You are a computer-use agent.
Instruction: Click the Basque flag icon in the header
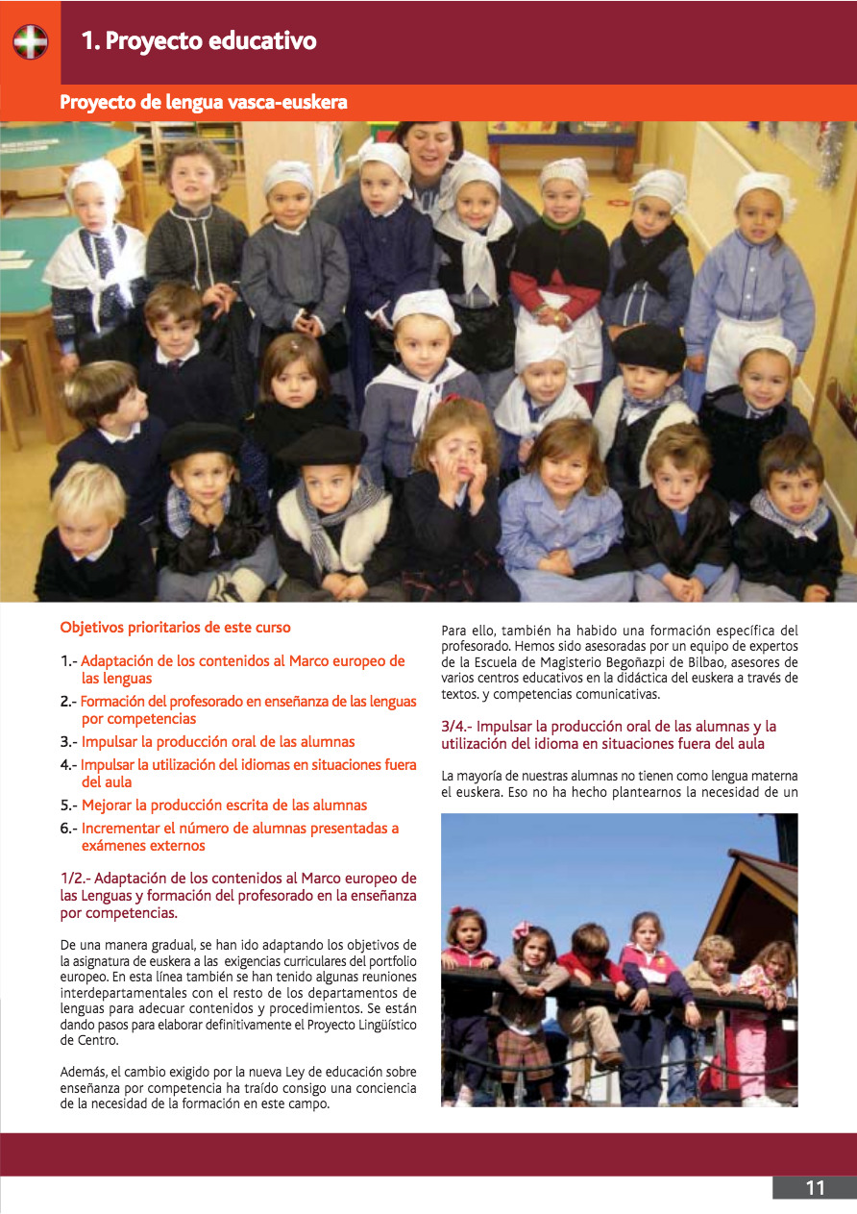(31, 42)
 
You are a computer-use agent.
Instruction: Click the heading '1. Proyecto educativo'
(199, 41)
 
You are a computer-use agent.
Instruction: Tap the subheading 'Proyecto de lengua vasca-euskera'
(204, 102)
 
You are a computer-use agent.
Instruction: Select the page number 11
(815, 1188)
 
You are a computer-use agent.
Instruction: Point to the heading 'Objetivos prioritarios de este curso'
(175, 628)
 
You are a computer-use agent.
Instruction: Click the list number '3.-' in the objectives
(69, 742)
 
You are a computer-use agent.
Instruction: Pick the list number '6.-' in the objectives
(69, 829)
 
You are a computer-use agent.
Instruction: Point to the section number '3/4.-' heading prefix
(456, 727)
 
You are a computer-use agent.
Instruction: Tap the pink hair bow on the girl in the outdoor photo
(523, 929)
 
